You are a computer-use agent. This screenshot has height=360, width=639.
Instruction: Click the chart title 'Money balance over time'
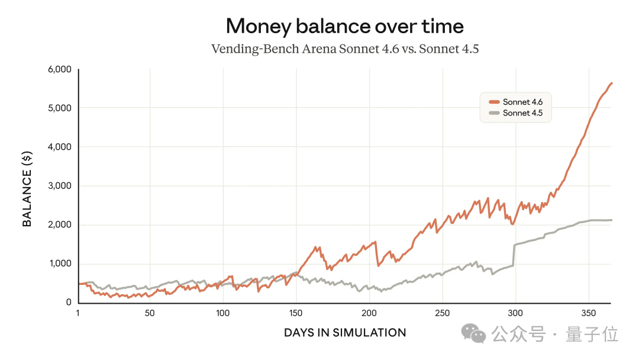point(344,26)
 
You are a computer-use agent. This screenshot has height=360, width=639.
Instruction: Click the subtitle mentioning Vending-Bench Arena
point(344,49)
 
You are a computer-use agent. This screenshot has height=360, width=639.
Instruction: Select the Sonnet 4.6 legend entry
point(522,102)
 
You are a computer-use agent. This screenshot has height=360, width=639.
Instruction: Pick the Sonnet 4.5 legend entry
point(522,113)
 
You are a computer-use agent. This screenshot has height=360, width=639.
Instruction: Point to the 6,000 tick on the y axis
point(59,69)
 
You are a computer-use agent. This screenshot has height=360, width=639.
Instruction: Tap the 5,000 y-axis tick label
point(59,108)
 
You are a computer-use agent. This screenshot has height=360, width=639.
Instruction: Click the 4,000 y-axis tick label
point(59,147)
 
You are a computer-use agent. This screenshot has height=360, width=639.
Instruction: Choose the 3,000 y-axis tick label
point(59,186)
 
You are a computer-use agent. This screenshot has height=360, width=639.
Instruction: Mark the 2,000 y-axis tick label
point(59,225)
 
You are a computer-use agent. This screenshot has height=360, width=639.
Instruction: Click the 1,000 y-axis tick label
point(59,264)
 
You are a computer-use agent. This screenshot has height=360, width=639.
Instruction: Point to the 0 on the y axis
point(69,303)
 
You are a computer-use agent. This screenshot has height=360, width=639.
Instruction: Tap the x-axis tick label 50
point(150,313)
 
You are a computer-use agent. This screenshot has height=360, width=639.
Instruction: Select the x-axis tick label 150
point(296,313)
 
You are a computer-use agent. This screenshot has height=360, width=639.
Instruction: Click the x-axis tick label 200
point(369,313)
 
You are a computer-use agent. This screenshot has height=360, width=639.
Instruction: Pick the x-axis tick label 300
point(515,313)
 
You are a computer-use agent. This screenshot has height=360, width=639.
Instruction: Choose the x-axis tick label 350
point(588,313)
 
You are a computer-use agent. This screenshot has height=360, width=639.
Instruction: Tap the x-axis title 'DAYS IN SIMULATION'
point(345,333)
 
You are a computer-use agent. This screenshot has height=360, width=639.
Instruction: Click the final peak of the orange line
point(611,83)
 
